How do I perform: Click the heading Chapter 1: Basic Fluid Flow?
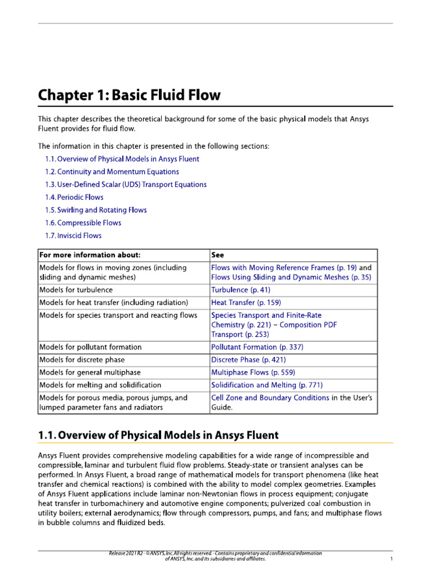click(129, 95)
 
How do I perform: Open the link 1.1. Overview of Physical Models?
click(122, 159)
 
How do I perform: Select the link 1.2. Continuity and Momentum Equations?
click(112, 172)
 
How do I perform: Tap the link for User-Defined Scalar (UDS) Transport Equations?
click(126, 185)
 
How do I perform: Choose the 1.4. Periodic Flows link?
click(74, 198)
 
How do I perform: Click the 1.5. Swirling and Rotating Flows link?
click(95, 210)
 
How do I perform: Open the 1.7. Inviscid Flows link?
click(73, 236)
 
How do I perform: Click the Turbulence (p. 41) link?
click(240, 290)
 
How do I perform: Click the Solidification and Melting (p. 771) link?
click(267, 385)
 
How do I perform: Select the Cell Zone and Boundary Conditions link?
click(270, 398)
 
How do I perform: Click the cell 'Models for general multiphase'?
click(90, 372)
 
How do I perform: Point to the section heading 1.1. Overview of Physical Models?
click(158, 435)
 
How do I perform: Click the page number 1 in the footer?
click(391, 559)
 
